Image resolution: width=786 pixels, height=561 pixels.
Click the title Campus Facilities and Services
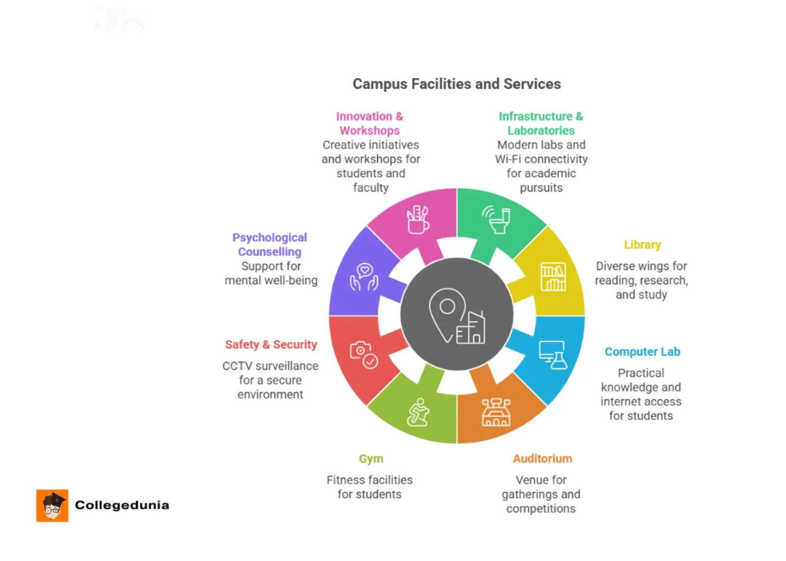click(x=456, y=84)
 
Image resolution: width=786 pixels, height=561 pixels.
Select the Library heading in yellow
click(x=642, y=245)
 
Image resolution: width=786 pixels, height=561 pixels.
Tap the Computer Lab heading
click(x=642, y=352)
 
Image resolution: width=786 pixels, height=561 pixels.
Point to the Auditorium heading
click(x=542, y=458)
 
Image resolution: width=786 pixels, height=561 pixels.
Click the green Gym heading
click(x=371, y=458)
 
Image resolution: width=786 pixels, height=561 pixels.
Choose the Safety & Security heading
click(x=271, y=344)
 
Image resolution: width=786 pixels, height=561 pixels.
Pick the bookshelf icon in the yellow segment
click(x=553, y=277)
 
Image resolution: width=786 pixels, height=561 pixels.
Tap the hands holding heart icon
click(x=364, y=277)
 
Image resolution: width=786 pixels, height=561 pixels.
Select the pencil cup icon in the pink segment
click(x=418, y=220)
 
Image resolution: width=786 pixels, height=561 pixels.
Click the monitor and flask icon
click(x=553, y=355)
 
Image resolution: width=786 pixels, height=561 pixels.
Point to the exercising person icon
click(x=418, y=412)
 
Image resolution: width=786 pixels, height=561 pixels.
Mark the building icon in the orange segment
click(x=496, y=412)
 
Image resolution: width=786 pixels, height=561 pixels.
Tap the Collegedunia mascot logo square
click(x=52, y=505)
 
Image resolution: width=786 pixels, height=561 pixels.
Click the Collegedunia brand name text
click(x=122, y=505)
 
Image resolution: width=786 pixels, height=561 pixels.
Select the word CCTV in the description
click(x=237, y=366)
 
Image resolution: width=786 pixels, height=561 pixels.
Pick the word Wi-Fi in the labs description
click(x=508, y=159)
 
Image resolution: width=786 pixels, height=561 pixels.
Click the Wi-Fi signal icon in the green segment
click(x=489, y=214)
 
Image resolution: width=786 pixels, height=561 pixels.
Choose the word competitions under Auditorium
click(x=540, y=508)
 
